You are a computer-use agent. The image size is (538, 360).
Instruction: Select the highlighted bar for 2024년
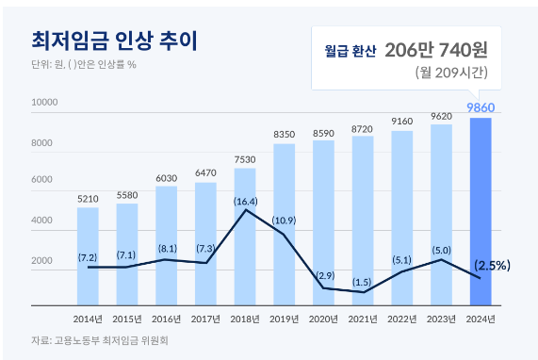click(481, 211)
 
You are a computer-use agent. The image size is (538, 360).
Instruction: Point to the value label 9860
click(481, 107)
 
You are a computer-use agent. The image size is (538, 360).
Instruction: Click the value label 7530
click(245, 159)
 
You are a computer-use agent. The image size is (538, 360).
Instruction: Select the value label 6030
click(166, 177)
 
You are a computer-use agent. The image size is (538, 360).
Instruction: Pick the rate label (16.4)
click(245, 201)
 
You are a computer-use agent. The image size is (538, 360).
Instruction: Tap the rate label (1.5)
click(363, 283)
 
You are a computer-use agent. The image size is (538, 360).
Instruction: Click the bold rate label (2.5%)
click(492, 265)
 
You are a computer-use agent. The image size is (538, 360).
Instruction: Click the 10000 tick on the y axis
click(44, 101)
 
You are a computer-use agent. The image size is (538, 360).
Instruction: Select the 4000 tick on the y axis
click(42, 221)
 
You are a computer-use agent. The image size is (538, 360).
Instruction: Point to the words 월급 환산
click(350, 49)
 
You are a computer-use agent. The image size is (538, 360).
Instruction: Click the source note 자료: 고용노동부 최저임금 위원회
click(99, 340)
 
